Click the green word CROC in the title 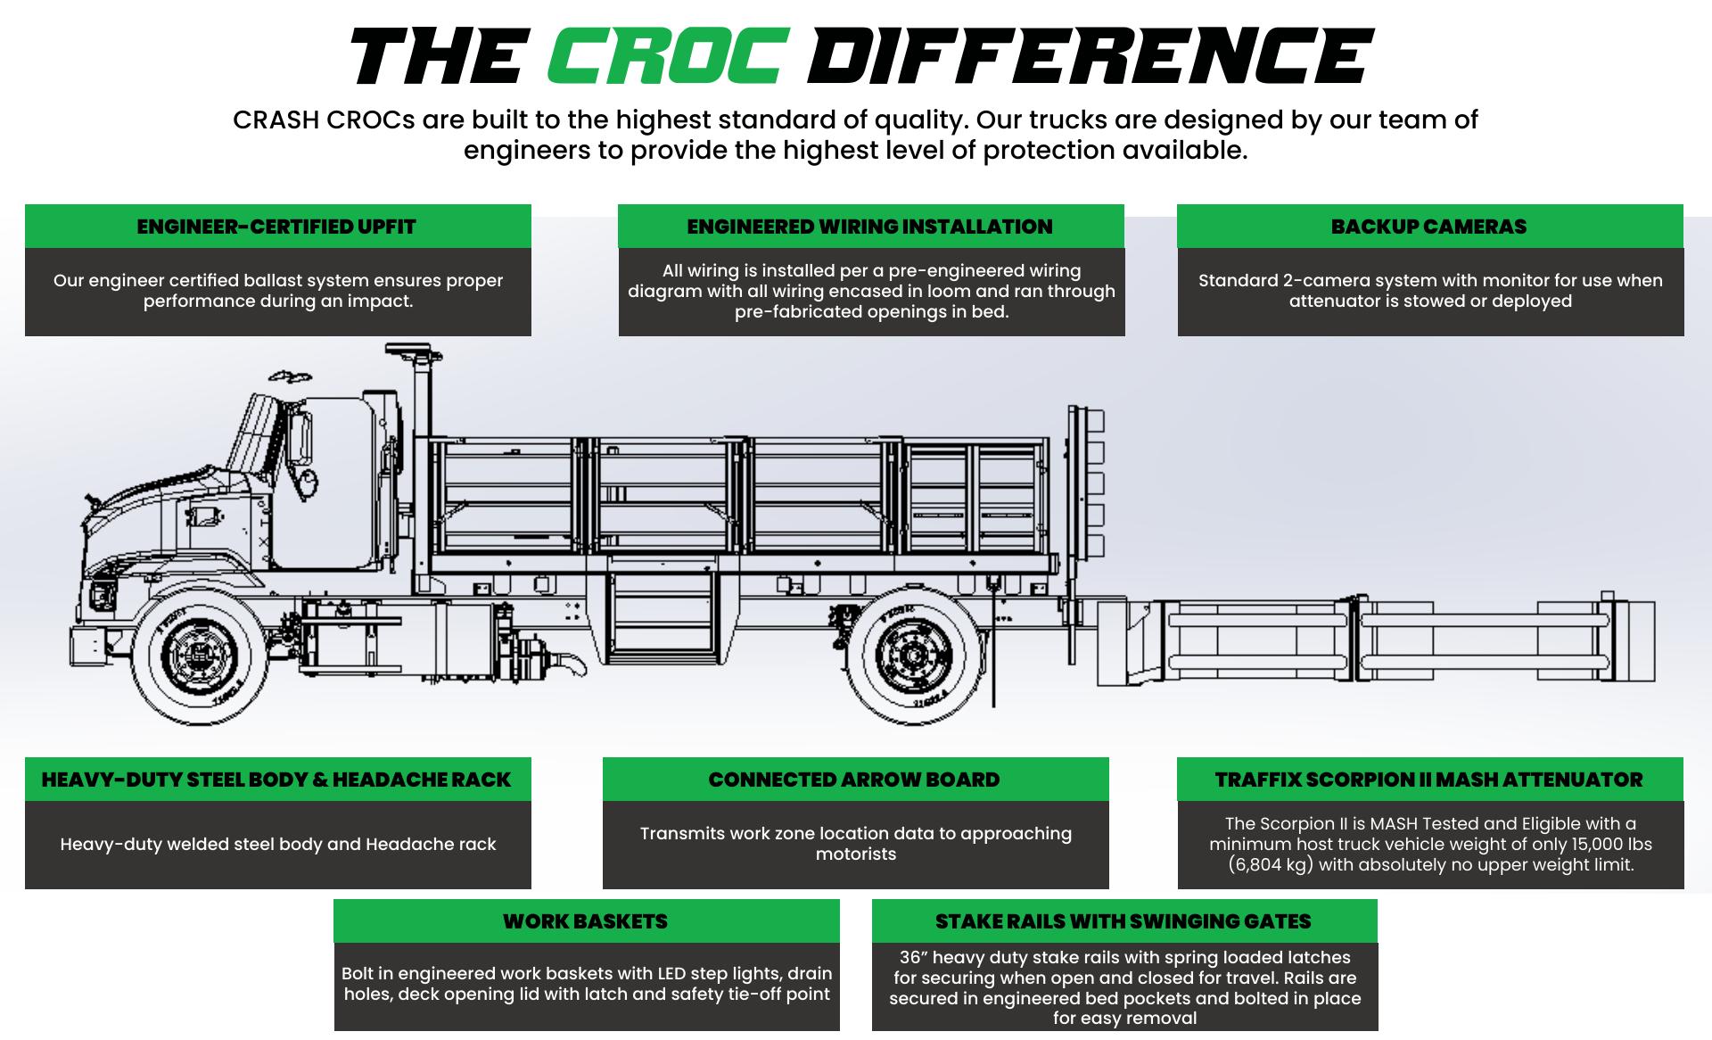pos(667,55)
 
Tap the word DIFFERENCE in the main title pos(1089,55)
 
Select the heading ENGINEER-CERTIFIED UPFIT pos(276,227)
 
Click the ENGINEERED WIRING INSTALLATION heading pos(869,227)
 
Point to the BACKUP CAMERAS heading pos(1428,227)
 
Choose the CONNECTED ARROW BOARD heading pos(854,780)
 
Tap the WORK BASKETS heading pos(585,921)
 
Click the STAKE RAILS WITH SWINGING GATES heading pos(1123,921)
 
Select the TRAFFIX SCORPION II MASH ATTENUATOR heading pos(1428,780)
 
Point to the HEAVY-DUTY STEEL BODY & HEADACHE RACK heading pos(276,780)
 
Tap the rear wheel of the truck pos(914,657)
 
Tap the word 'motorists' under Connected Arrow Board pos(855,854)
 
